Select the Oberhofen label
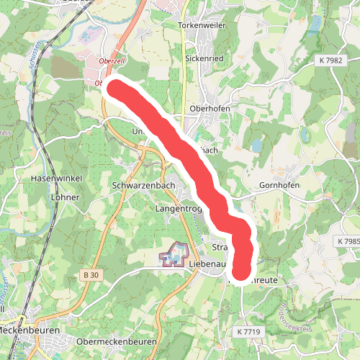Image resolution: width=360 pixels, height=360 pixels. click(x=209, y=109)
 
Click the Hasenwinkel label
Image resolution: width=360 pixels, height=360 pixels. click(x=54, y=178)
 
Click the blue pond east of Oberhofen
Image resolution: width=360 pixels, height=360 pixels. click(x=256, y=146)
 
